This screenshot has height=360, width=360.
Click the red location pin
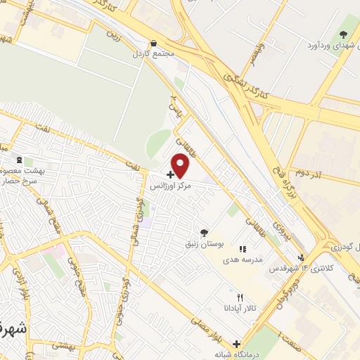point(181,164)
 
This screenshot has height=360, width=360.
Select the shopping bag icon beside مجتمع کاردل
point(153,43)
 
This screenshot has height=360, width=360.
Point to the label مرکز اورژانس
point(170,186)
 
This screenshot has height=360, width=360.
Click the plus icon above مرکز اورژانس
point(170,174)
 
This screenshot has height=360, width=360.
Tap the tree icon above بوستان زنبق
point(204,232)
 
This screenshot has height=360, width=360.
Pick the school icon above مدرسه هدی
point(243,248)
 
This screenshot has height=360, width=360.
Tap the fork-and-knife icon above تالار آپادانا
point(240,297)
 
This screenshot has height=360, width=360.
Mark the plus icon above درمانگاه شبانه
point(236,343)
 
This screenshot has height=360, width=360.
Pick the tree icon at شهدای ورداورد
point(344,34)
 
